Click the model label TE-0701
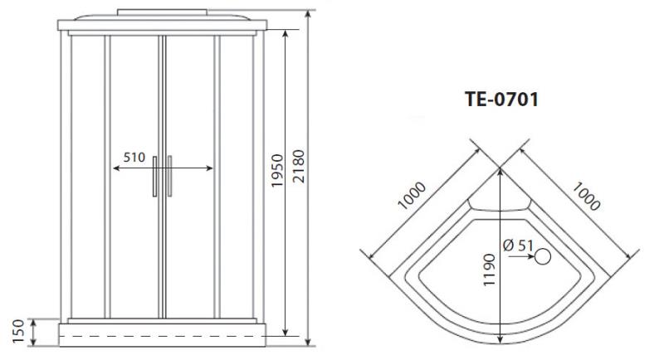click(x=502, y=100)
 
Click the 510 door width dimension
click(x=134, y=158)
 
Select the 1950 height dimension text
click(x=276, y=171)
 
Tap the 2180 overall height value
click(x=299, y=166)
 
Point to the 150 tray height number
click(x=18, y=331)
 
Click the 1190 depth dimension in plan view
click(x=489, y=270)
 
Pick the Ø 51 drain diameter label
click(x=518, y=245)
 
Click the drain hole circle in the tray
click(x=543, y=256)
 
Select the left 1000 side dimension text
click(x=412, y=196)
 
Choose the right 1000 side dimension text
click(x=586, y=196)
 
